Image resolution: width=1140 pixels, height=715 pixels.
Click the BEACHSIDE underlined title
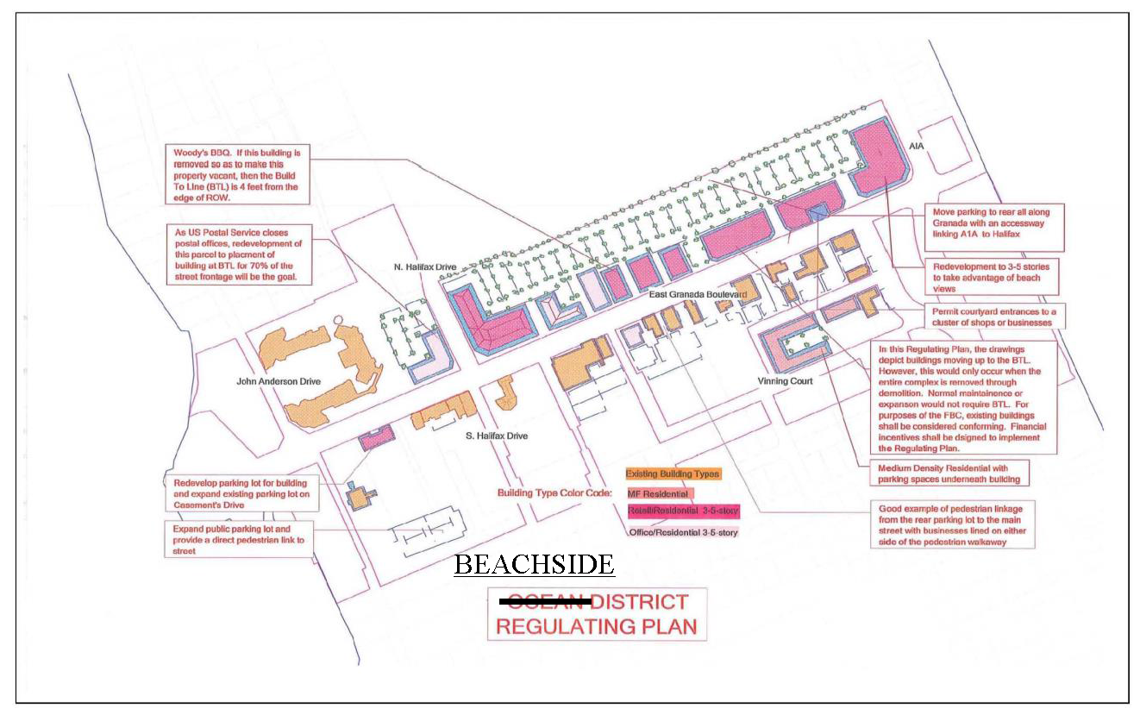point(534,565)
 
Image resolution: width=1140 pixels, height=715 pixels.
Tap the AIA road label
point(916,147)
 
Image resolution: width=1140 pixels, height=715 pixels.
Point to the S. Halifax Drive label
point(496,436)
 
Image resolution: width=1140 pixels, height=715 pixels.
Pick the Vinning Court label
point(786,380)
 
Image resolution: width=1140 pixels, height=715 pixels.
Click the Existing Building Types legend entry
point(673,474)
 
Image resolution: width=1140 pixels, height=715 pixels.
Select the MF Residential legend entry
point(658,493)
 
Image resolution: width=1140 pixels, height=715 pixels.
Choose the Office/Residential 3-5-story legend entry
point(683,532)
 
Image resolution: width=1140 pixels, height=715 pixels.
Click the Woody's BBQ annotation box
point(236,175)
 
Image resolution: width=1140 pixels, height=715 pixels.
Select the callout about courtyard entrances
point(993,317)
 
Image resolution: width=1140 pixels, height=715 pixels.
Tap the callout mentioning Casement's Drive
point(238,493)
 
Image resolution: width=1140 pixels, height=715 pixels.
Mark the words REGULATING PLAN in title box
point(597,625)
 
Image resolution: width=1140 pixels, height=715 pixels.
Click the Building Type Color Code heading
point(554,493)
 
